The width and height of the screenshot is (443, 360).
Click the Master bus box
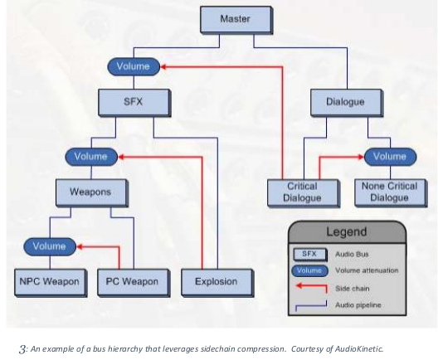click(236, 20)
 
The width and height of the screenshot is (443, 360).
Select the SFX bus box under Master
click(134, 103)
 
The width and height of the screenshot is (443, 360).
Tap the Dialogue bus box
click(347, 103)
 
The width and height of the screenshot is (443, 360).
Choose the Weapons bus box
click(92, 193)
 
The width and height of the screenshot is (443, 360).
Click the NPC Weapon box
click(51, 283)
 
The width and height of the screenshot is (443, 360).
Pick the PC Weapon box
click(134, 283)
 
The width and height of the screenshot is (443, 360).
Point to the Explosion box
click(217, 283)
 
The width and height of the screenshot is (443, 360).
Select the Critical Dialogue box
click(304, 193)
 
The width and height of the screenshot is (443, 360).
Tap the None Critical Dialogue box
click(391, 193)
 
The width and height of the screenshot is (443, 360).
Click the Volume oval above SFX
click(134, 66)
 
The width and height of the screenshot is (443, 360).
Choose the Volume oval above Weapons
click(91, 157)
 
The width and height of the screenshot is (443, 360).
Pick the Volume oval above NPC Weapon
click(50, 246)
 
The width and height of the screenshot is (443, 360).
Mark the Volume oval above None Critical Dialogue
click(390, 157)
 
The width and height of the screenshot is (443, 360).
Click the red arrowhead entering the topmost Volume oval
click(163, 67)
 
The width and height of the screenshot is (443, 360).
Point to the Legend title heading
click(347, 231)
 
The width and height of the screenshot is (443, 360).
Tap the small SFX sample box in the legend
click(310, 255)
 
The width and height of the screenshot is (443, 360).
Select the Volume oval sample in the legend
click(309, 270)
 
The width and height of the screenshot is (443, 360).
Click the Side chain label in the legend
click(353, 289)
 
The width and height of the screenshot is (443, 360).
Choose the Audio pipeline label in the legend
click(358, 305)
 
